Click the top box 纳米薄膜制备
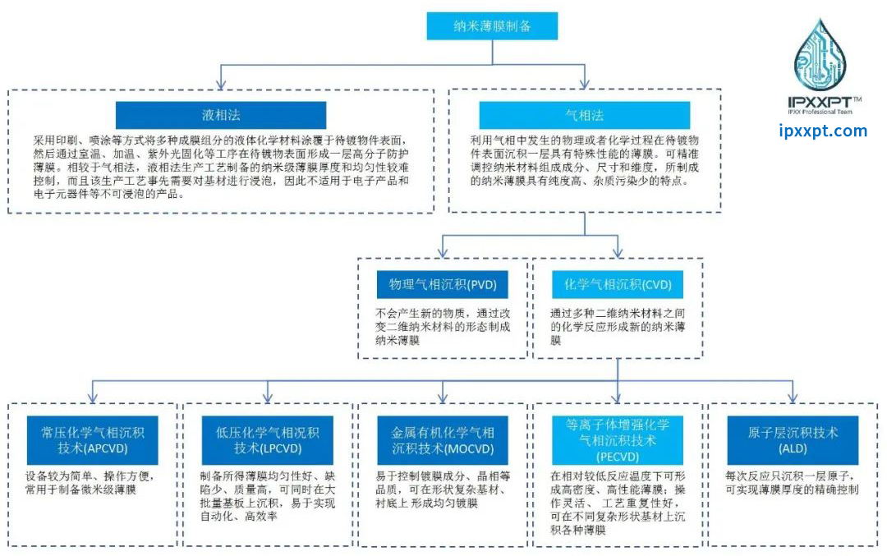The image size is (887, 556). click(x=492, y=25)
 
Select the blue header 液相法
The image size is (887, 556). click(x=220, y=115)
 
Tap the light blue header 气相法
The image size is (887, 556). click(x=584, y=115)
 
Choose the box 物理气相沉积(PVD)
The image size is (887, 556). click(x=443, y=285)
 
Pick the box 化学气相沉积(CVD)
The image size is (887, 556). click(x=618, y=285)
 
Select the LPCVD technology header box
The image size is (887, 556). click(x=265, y=439)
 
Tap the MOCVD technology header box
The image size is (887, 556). click(x=443, y=439)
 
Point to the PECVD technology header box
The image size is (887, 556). click(x=618, y=439)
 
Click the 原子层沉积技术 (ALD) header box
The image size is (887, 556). click(x=793, y=439)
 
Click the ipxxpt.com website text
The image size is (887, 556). click(x=822, y=131)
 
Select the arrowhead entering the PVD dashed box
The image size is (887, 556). click(x=443, y=251)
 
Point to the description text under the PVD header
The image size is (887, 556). click(x=443, y=325)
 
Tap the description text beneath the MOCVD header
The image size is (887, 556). click(x=443, y=489)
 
